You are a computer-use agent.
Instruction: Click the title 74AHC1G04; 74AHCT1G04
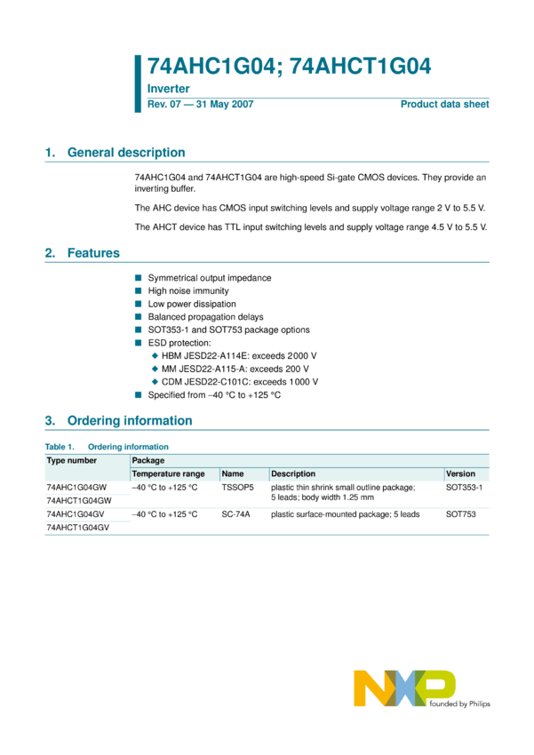(289, 66)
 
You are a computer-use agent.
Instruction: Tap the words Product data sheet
(444, 105)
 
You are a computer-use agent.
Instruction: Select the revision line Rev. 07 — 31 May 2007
(200, 105)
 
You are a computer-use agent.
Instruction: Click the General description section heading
(126, 153)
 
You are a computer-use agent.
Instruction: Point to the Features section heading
(93, 253)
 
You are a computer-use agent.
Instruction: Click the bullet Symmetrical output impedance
(210, 278)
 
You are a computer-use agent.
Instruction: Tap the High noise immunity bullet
(188, 290)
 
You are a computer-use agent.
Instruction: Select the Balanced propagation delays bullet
(205, 316)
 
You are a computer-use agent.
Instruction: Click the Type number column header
(72, 461)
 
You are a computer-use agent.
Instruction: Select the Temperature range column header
(168, 474)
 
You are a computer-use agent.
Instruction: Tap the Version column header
(460, 474)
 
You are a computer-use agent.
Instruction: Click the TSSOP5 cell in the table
(237, 488)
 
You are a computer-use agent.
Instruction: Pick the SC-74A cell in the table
(235, 514)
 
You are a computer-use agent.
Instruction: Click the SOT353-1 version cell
(464, 488)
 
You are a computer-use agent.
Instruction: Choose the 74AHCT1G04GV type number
(77, 528)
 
